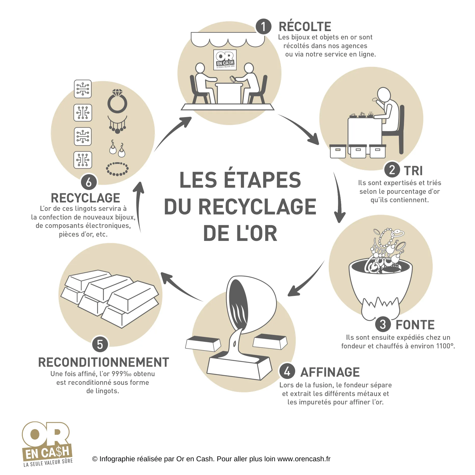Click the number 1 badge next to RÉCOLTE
263,27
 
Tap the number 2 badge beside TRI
392,170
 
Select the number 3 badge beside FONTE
383,324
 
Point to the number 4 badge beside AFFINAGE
287,371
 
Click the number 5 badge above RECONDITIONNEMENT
100,344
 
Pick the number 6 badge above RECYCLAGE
89,182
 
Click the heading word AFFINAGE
330,372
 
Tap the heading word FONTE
415,325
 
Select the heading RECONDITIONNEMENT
104,362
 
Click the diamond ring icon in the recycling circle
117,101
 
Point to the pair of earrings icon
117,148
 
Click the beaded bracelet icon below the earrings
117,169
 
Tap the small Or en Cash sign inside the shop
225,60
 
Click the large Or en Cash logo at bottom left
47,444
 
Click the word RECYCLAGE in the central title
257,207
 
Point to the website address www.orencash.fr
304,459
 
